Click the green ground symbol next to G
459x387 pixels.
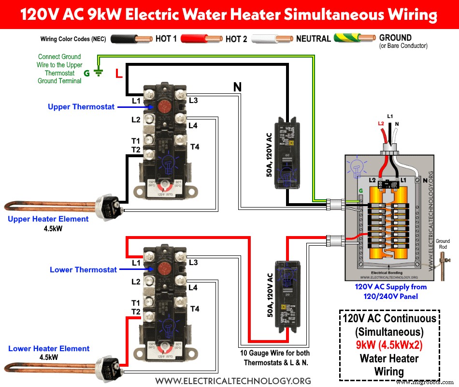tap(99, 73)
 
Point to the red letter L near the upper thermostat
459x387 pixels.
tap(118, 74)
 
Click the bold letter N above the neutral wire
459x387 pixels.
tap(237, 88)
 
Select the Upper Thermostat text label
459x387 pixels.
tap(81, 106)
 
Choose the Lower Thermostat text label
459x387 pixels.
tap(83, 269)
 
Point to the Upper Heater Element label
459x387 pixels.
tap(48, 219)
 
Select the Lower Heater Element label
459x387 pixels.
tap(49, 348)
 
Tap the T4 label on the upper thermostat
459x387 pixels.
tap(195, 147)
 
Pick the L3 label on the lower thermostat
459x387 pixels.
tap(193, 263)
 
